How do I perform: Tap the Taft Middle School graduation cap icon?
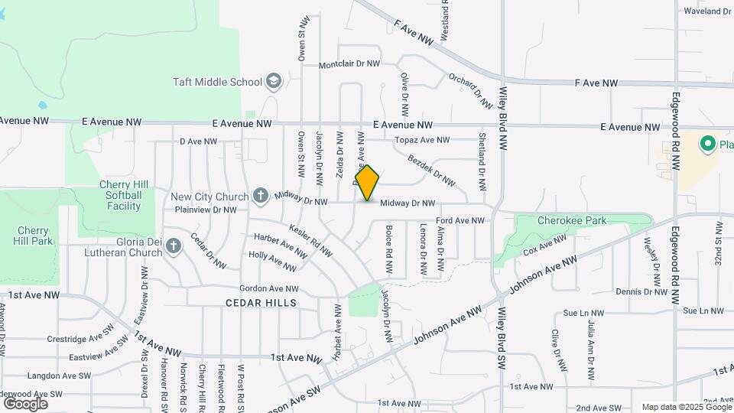274,81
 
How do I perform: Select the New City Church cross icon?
260,195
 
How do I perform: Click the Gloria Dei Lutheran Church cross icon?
174,246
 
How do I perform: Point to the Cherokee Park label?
572,220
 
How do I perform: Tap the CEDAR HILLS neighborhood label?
261,303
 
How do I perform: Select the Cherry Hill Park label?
34,236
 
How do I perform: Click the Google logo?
25,403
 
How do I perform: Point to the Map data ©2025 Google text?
685,407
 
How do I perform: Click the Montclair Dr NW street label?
349,64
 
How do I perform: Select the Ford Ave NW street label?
460,220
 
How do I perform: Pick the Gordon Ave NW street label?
268,288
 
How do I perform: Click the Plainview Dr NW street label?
206,209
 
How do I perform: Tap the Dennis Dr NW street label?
641,291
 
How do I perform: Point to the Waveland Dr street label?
708,11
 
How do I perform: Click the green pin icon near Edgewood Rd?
707,143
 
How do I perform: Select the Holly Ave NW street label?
273,262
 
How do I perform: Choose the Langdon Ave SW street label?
59,376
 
